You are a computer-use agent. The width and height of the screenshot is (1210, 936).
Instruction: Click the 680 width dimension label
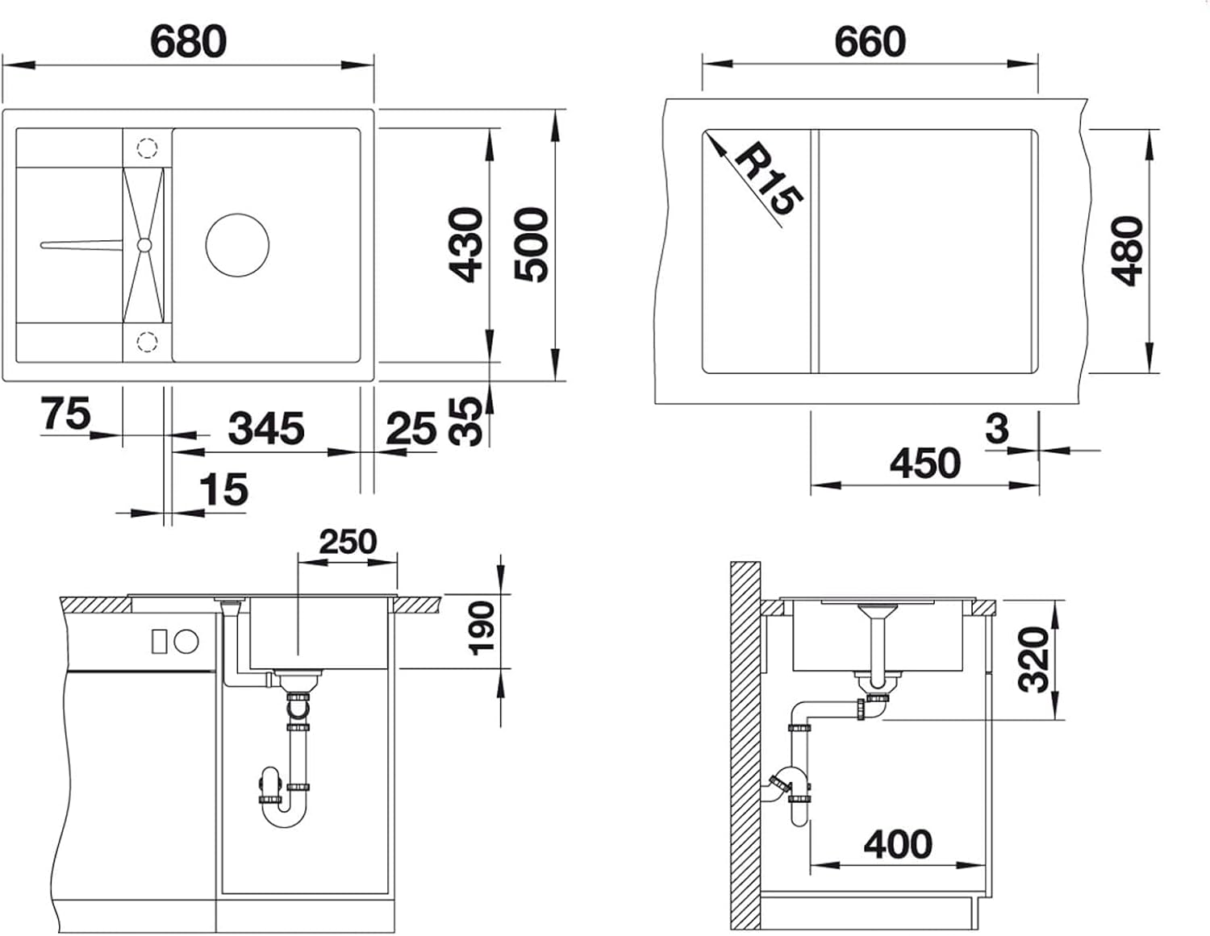(x=188, y=41)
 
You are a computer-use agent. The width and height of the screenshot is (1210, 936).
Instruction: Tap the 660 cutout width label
(x=870, y=41)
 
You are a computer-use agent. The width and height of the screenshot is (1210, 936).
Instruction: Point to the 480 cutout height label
(x=1126, y=251)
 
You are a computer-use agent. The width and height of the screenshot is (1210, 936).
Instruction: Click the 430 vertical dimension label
(x=465, y=245)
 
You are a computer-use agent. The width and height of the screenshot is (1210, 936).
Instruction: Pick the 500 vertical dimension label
(x=532, y=244)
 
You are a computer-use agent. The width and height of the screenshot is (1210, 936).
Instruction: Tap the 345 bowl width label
(x=266, y=428)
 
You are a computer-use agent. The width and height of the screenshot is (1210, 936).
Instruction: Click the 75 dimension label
(x=66, y=413)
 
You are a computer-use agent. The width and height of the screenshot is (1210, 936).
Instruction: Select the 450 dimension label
(x=925, y=463)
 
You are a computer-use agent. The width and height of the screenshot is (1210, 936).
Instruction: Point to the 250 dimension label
(x=348, y=542)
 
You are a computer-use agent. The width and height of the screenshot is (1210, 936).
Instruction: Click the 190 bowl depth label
(x=482, y=628)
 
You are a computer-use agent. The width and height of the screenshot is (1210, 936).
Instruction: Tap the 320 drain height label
(x=1033, y=659)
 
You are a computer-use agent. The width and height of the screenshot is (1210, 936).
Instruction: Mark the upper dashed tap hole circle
(x=147, y=148)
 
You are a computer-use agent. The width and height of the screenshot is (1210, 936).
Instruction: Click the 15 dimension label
(x=223, y=489)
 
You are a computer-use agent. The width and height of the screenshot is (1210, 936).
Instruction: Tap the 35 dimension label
(x=465, y=422)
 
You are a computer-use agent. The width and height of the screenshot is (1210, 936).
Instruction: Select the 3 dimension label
(x=996, y=430)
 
